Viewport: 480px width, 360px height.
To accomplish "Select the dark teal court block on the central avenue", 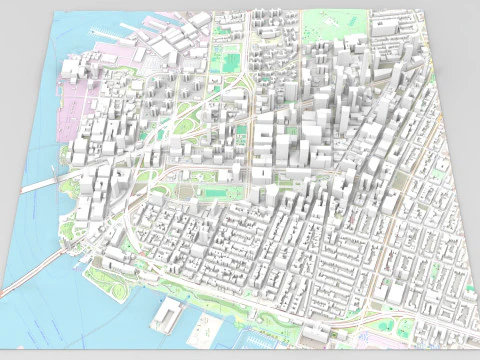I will click(x=240, y=130).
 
